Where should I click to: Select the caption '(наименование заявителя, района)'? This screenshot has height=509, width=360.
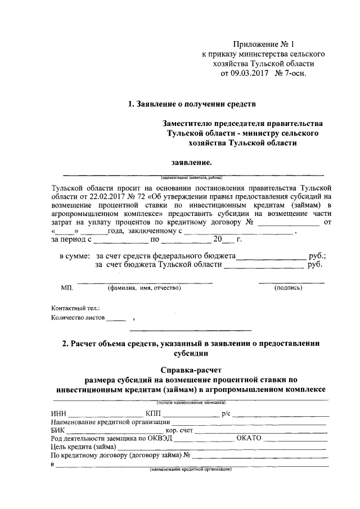click(x=191, y=177)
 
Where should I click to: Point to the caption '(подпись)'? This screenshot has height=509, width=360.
click(x=289, y=288)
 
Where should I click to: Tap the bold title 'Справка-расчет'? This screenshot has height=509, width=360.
click(x=191, y=370)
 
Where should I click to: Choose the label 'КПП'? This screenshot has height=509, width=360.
click(x=154, y=415)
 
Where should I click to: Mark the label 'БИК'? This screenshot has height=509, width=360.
click(x=58, y=431)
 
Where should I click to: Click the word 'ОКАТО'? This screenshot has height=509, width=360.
click(x=249, y=439)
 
